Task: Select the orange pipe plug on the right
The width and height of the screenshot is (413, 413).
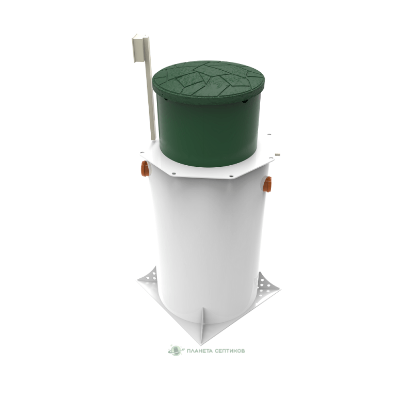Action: click(x=267, y=184)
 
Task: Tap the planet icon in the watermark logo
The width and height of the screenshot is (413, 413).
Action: click(x=176, y=351)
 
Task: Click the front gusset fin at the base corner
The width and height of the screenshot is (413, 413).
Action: click(x=203, y=324)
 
